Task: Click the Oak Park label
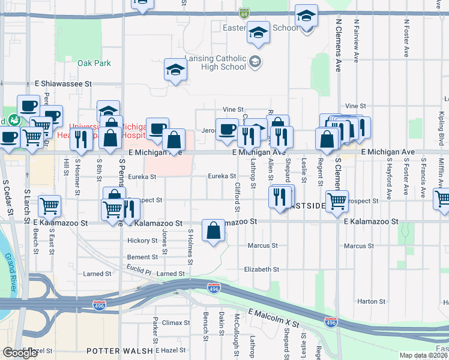(x=94, y=63)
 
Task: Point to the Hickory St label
(x=142, y=241)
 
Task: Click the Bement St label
(x=142, y=257)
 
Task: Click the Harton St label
(x=371, y=301)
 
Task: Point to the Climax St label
(x=176, y=322)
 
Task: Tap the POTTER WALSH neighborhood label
(x=119, y=350)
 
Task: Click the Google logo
(x=20, y=353)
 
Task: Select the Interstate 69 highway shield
(x=244, y=12)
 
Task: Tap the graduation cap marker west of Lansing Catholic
(x=175, y=70)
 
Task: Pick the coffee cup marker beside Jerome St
(x=227, y=130)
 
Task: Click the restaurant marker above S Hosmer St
(x=81, y=139)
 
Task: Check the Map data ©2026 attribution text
(x=423, y=355)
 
